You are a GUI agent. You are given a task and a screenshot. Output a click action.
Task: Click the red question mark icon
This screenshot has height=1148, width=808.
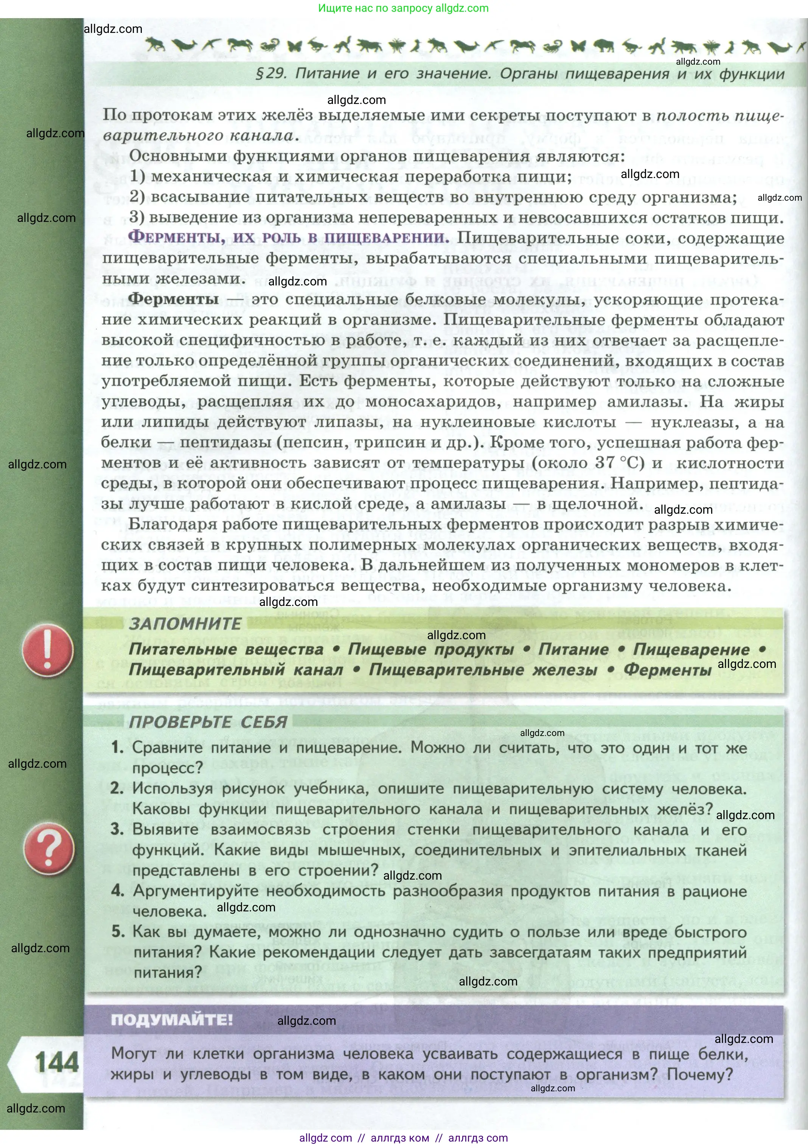(x=48, y=849)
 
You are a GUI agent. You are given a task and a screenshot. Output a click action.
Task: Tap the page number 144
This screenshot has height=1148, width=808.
(x=56, y=1063)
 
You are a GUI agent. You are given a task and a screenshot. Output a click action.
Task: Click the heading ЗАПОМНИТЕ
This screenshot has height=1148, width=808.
(x=185, y=623)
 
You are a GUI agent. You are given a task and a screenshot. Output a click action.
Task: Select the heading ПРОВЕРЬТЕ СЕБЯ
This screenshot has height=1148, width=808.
(x=208, y=722)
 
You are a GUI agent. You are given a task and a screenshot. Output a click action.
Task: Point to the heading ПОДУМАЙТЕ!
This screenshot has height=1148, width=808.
(x=172, y=1019)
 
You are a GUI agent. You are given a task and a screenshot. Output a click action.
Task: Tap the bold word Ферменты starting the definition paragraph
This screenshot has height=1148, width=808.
(x=174, y=299)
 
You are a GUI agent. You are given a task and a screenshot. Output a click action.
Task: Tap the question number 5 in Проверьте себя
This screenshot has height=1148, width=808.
(x=118, y=931)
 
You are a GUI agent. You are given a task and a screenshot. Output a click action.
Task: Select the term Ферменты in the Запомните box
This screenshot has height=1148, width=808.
(x=667, y=670)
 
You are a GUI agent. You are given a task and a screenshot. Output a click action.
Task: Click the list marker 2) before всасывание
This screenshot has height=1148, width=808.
(x=137, y=197)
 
